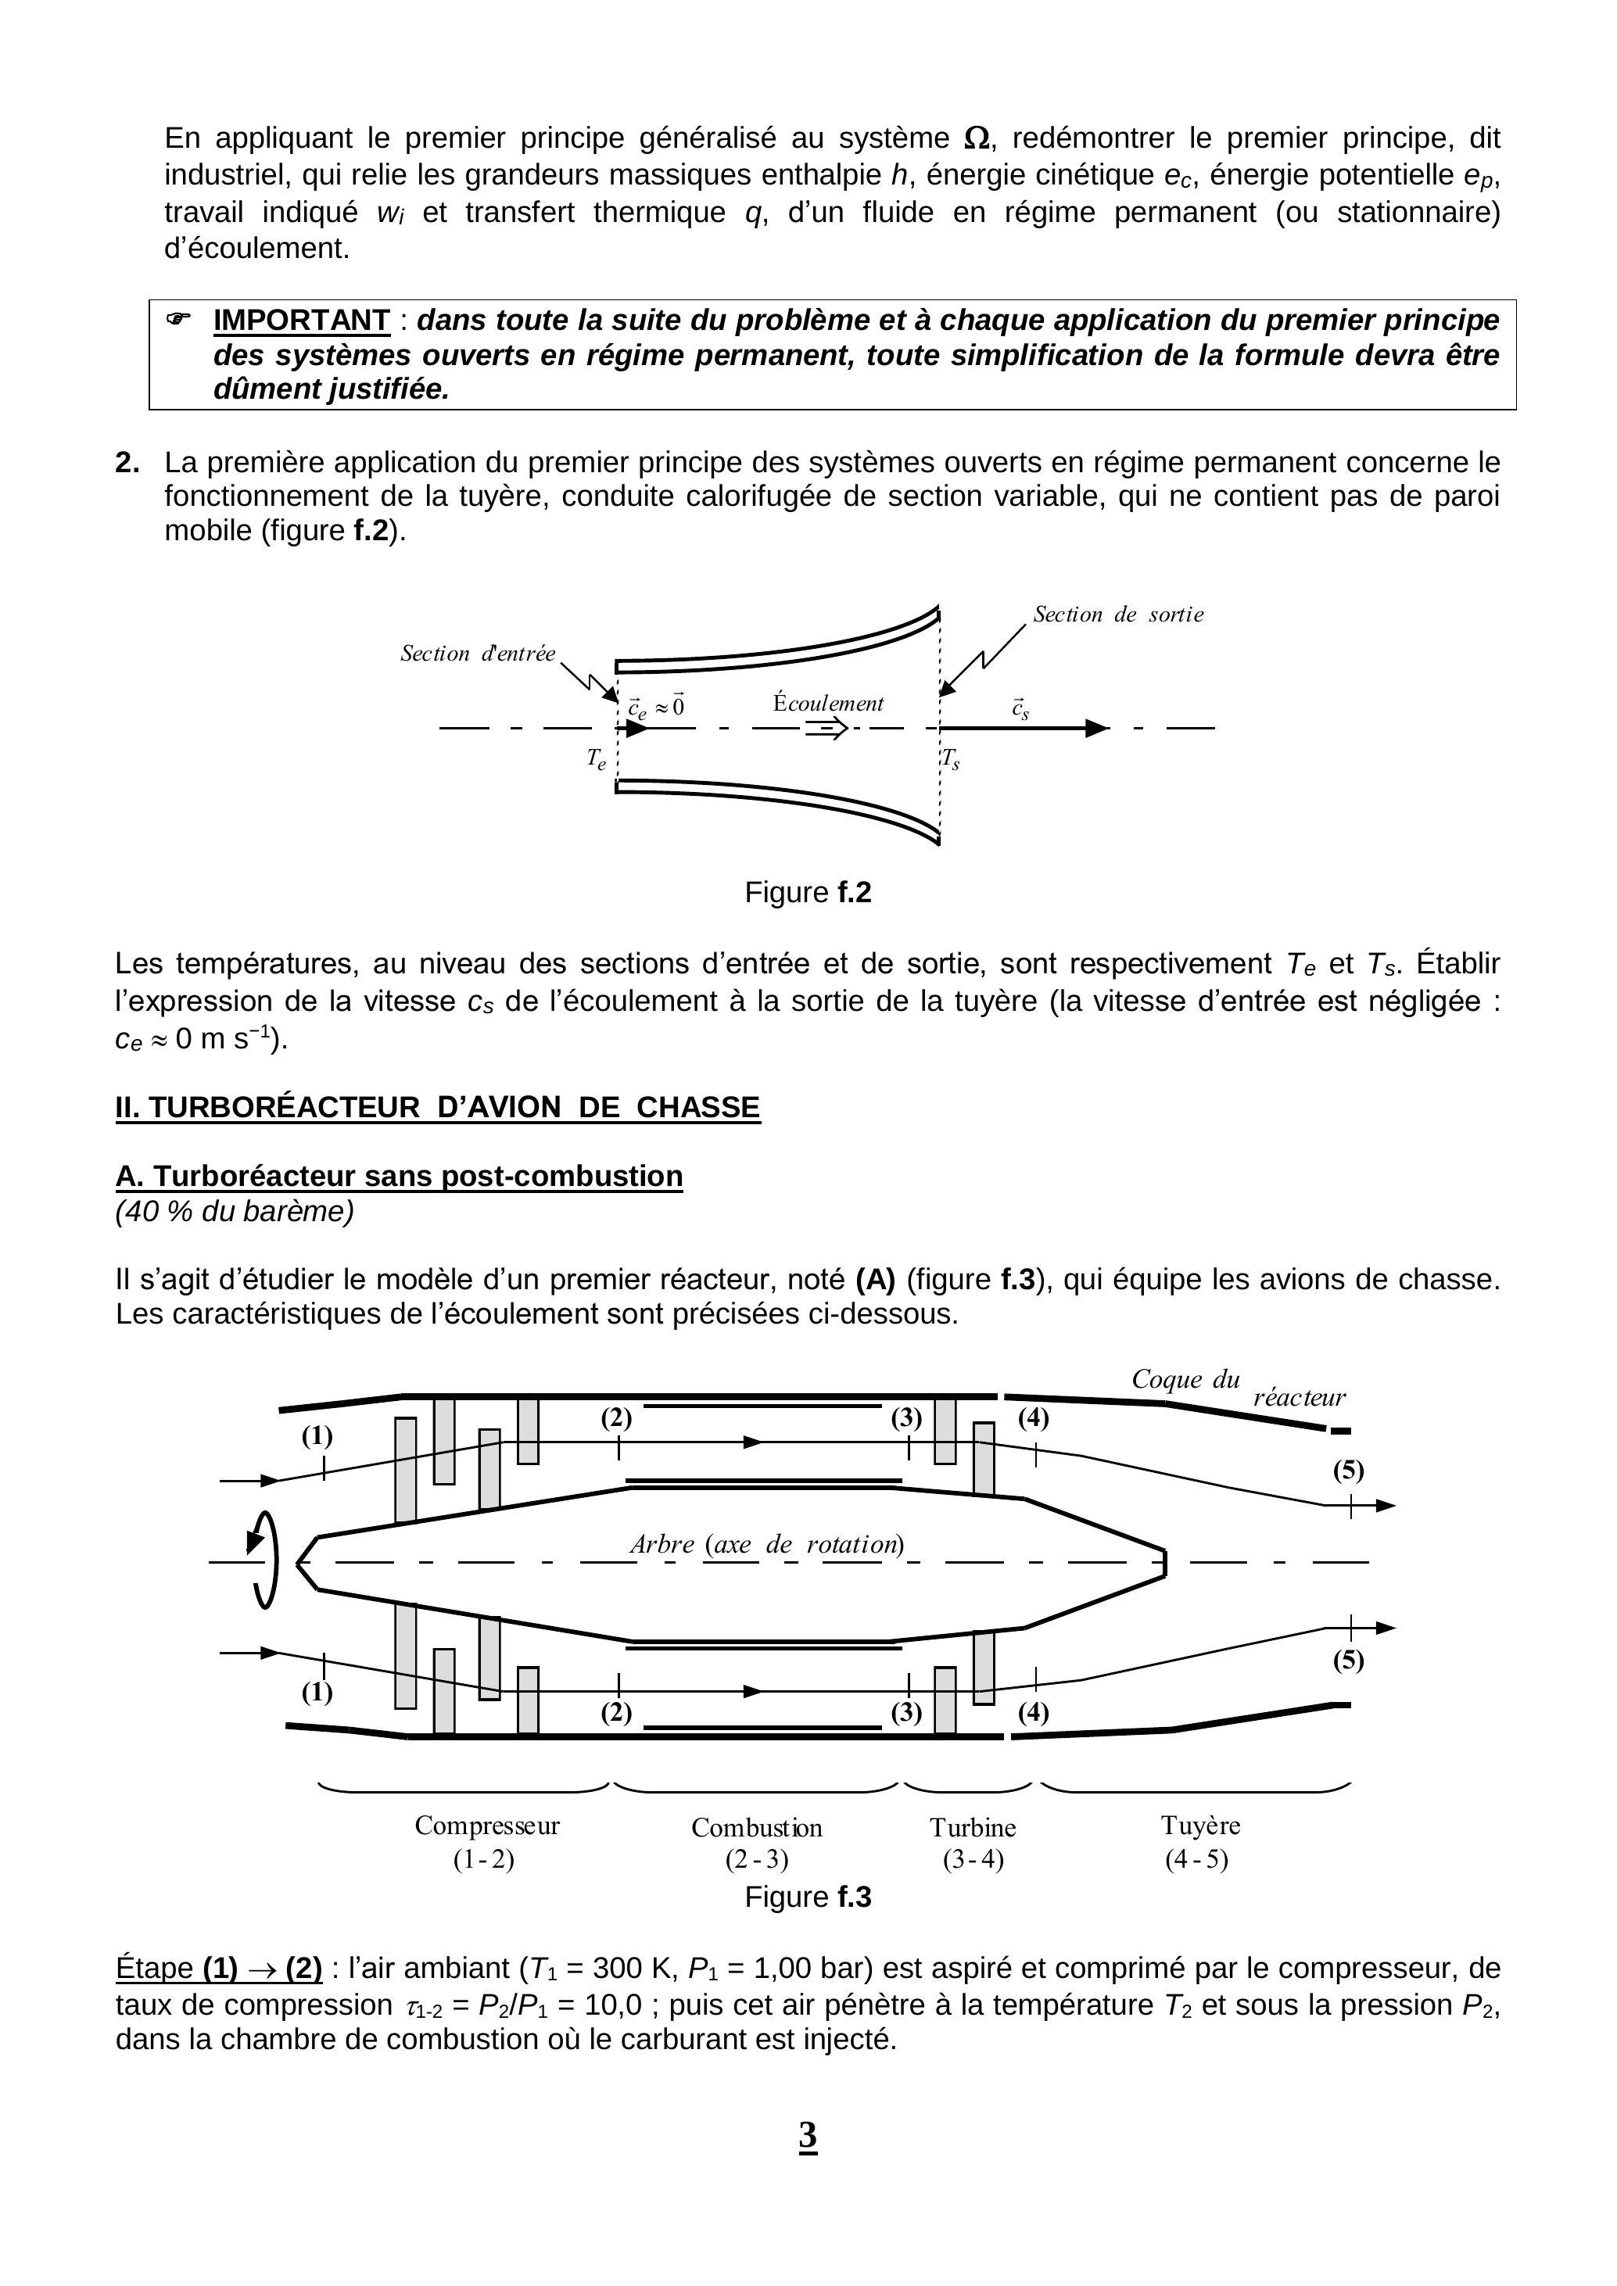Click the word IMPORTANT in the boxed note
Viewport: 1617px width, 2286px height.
click(x=301, y=321)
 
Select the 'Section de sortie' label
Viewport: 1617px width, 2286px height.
click(x=1117, y=615)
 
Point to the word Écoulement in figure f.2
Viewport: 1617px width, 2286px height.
click(x=827, y=704)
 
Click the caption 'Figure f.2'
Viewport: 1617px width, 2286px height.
click(x=808, y=893)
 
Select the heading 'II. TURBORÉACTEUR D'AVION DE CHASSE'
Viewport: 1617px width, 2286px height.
click(x=438, y=1108)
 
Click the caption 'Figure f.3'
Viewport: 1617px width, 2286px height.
click(x=808, y=1897)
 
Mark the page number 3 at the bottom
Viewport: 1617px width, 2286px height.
click(x=808, y=2136)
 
